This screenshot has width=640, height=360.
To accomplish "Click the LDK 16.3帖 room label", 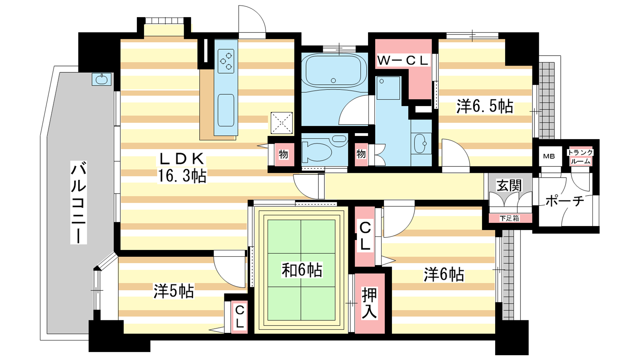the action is tap(182, 168).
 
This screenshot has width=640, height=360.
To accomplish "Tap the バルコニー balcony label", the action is tap(78, 202).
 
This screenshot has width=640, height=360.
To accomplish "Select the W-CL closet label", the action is tap(403, 60).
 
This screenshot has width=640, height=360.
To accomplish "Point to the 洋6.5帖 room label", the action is tap(484, 106).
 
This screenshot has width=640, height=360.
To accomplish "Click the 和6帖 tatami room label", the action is tap(302, 270).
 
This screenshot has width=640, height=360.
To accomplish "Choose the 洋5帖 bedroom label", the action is tap(174, 292).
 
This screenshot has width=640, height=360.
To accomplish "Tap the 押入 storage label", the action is tap(369, 303).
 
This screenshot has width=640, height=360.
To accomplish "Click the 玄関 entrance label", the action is tap(509, 186).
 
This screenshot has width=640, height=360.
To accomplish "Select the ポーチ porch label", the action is tap(564, 201).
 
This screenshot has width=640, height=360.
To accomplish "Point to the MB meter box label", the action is tap(549, 156).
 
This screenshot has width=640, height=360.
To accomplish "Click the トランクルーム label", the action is tap(580, 157).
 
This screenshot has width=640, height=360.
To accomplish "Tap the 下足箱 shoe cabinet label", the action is tap(510, 218).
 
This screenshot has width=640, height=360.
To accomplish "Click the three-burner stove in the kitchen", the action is tap(226, 61).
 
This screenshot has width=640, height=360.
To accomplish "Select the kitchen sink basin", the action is tap(226, 110).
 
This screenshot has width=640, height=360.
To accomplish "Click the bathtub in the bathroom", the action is tap(334, 70).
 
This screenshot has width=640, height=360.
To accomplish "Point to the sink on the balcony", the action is tap(102, 79).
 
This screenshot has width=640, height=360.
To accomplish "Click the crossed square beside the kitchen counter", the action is tap(282, 123).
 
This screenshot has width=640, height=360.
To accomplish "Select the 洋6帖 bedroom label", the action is tap(444, 274).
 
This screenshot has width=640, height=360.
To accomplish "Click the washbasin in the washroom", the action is tap(420, 144).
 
